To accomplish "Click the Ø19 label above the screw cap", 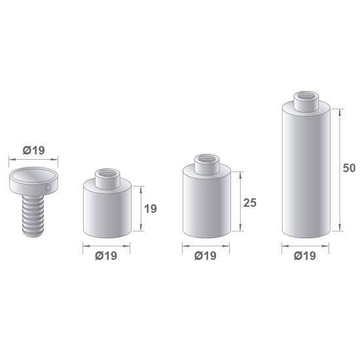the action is pos(33,151).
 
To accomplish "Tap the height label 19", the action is pos(151,209).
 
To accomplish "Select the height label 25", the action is pos(250,203).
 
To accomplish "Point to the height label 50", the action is pos(349,168).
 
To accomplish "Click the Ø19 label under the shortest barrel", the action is pos(106,256).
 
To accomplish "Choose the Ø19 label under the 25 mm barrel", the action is pos(206,256).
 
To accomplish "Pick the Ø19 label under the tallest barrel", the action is pos(305,256).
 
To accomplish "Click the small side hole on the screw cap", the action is pos(48,188).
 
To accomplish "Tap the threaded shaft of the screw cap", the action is pos(33,216).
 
